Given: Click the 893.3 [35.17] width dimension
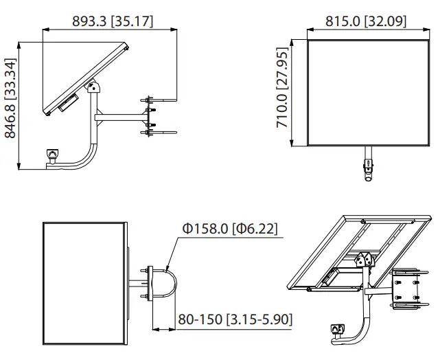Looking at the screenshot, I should point(112,21).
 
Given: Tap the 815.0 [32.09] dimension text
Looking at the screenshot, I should point(365,21).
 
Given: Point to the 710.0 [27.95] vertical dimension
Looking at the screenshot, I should point(281,93).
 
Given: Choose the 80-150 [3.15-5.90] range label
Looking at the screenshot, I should point(235,319).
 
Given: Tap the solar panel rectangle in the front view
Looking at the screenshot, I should point(364,92).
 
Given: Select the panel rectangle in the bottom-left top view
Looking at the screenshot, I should point(84,283).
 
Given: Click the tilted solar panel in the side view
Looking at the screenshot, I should point(82,76).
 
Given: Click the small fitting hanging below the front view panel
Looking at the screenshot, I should point(369,166).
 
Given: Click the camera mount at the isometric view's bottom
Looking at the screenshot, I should point(336,332).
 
